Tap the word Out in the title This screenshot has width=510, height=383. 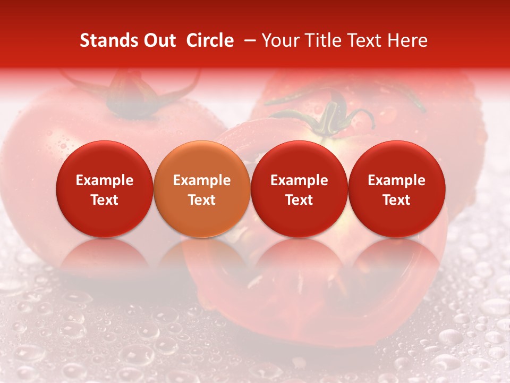point(159,40)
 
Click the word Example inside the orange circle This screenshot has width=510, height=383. point(202,180)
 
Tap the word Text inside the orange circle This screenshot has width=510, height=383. point(202,200)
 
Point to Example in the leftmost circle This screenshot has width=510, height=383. point(105,180)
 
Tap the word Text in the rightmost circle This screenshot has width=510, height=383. point(397,200)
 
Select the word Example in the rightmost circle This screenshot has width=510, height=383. point(397,180)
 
